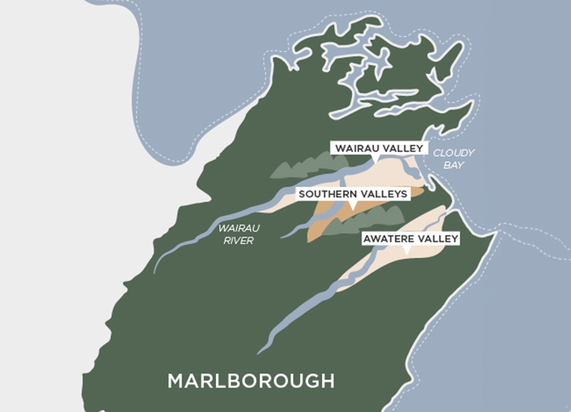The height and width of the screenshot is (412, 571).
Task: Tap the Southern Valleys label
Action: click(x=353, y=194)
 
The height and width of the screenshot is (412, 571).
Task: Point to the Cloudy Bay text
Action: click(x=453, y=158)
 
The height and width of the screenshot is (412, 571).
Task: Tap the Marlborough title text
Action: click(x=251, y=381)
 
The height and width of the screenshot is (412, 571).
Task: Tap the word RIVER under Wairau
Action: click(x=238, y=241)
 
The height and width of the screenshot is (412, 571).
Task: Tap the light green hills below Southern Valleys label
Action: click(x=369, y=221)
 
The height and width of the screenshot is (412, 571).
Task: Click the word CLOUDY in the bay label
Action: click(x=454, y=153)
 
